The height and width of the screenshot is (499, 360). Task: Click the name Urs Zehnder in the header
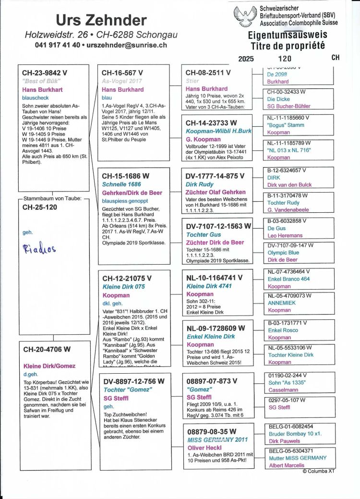tap(101, 20)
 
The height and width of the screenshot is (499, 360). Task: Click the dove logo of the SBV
tap(245, 17)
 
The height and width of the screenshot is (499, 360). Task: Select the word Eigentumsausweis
tap(287, 36)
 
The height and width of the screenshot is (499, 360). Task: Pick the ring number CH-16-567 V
tap(122, 73)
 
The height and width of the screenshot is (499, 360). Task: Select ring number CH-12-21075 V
tap(127, 278)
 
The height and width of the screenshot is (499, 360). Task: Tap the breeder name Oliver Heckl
tap(204, 448)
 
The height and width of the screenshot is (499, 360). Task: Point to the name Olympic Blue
tap(283, 253)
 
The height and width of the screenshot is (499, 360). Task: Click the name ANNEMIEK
tap(282, 303)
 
